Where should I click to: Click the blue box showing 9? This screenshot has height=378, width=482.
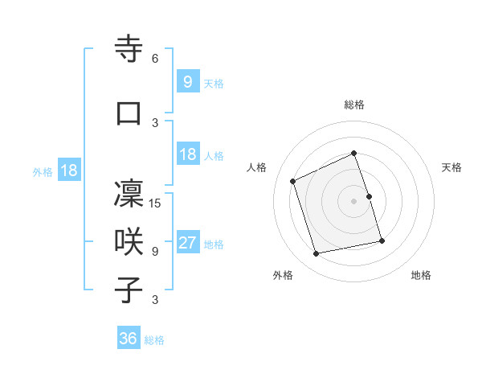187,82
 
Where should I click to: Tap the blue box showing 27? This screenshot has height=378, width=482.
188,243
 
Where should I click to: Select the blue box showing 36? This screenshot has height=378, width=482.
129,339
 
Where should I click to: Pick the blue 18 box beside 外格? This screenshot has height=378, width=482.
68,171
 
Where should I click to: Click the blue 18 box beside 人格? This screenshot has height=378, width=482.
188,154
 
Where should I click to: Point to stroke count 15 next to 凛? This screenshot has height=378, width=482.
156,203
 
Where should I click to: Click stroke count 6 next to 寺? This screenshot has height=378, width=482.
155,59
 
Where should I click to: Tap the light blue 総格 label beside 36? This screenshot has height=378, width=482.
154,340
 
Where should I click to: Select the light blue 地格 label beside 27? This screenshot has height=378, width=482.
214,244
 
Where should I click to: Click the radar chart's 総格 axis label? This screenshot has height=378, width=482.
354,105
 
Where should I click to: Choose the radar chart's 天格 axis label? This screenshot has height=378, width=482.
451,167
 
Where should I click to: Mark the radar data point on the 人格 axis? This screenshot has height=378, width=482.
293,181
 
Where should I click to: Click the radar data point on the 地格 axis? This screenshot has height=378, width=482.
382,240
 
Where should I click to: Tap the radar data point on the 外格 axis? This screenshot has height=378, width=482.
317,254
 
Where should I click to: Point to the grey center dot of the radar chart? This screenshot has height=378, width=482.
353,201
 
